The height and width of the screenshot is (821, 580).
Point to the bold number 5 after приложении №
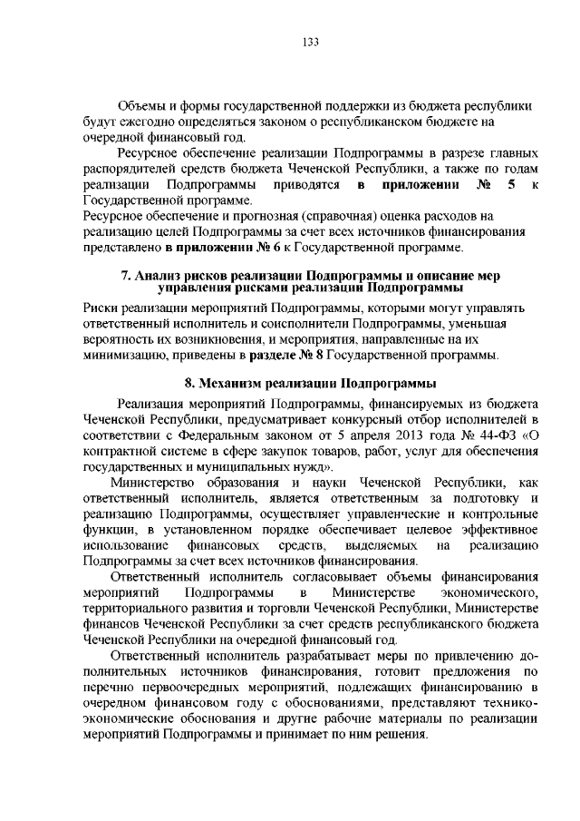point(513,185)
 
